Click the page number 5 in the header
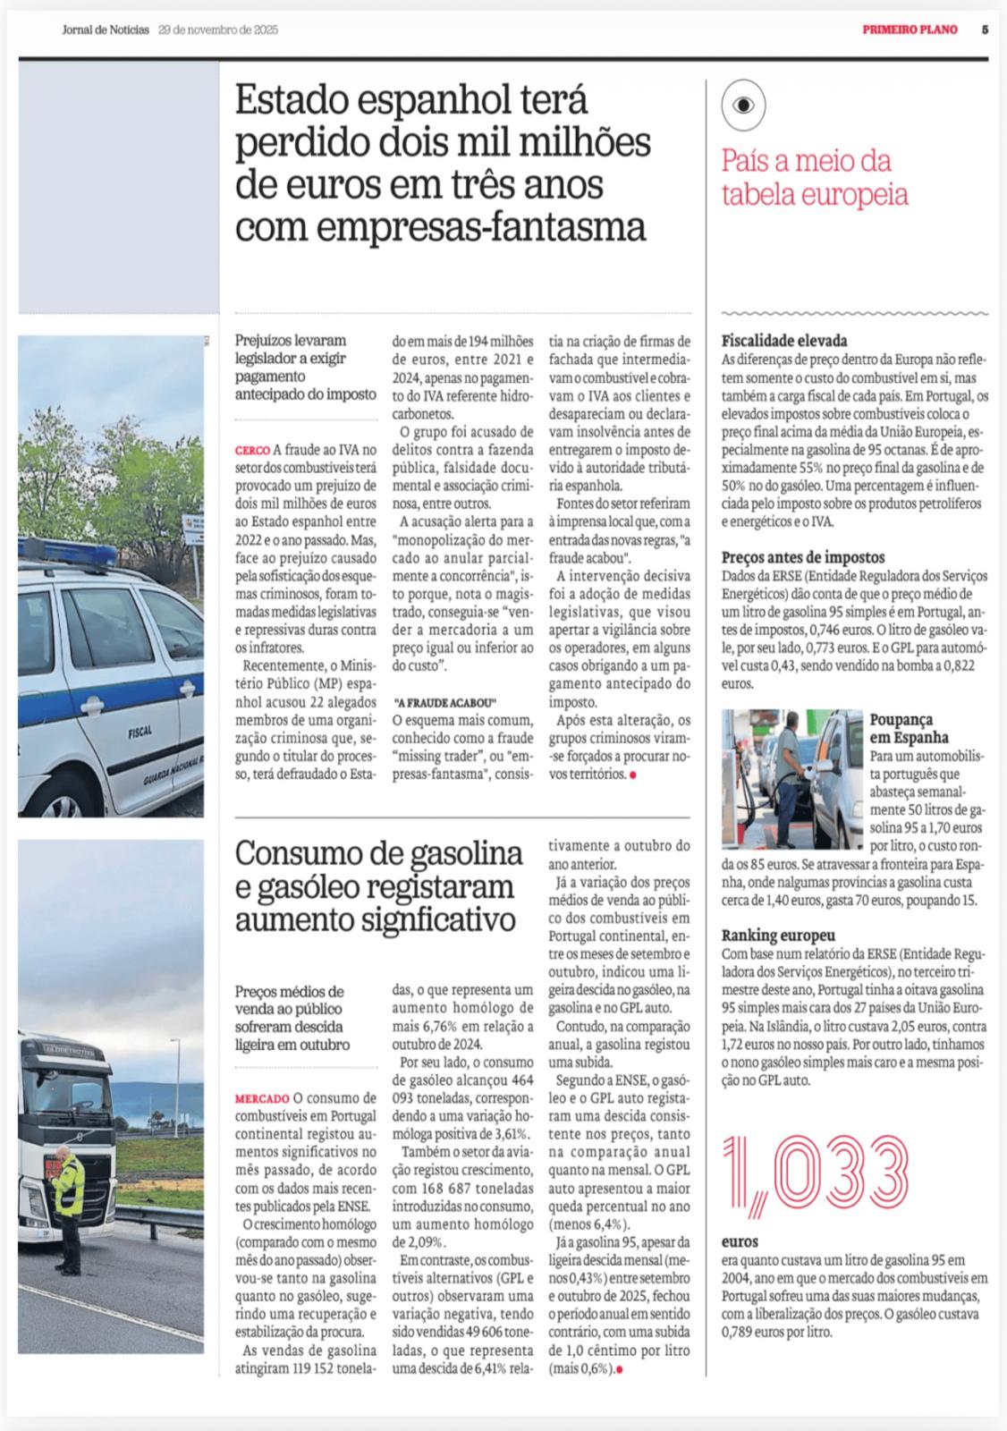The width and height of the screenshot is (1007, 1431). (985, 30)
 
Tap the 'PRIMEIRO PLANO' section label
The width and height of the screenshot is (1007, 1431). (910, 30)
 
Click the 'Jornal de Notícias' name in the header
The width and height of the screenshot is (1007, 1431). (106, 30)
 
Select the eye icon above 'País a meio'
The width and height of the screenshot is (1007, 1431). (743, 105)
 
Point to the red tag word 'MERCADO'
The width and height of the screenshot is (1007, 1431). (262, 1097)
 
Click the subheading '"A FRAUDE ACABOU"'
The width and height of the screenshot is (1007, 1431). (445, 676)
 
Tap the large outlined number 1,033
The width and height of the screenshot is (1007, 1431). (814, 1174)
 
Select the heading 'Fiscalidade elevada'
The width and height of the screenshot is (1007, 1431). (784, 341)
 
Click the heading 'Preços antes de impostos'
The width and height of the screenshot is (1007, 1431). (803, 557)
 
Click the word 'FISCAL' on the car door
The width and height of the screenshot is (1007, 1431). (140, 731)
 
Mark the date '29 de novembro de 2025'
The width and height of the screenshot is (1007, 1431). (218, 30)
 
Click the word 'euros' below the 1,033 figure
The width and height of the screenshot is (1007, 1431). (740, 1242)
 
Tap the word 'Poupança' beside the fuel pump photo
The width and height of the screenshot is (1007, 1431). (901, 718)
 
